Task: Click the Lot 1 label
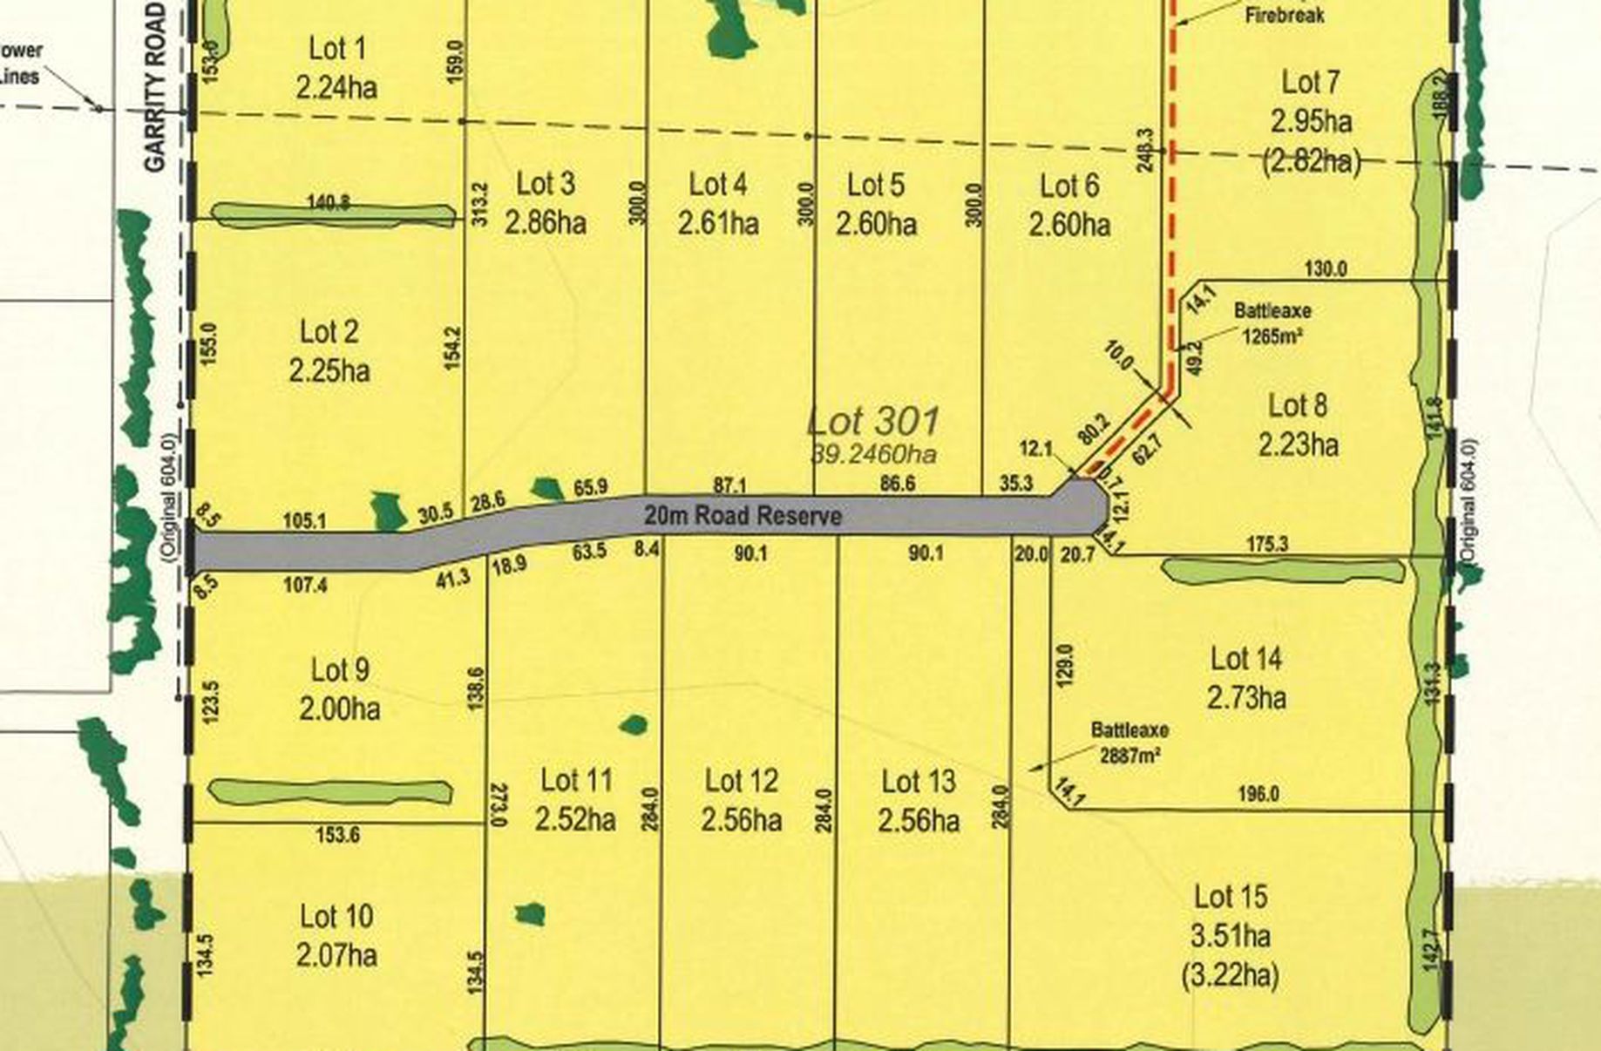pyautogui.click(x=336, y=49)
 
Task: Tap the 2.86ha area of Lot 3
pyautogui.click(x=546, y=223)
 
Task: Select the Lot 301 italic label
pyautogui.click(x=874, y=422)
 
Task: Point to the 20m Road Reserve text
pyautogui.click(x=743, y=516)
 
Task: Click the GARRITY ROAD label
pyautogui.click(x=155, y=87)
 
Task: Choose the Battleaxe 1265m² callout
pyautogui.click(x=1272, y=322)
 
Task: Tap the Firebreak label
pyautogui.click(x=1285, y=15)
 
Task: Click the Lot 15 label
pyautogui.click(x=1230, y=897)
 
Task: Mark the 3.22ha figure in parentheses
pyautogui.click(x=1230, y=975)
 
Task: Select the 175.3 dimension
pyautogui.click(x=1266, y=545)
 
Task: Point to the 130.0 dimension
pyautogui.click(x=1325, y=269)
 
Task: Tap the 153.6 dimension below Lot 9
pyautogui.click(x=338, y=835)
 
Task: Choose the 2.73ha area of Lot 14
pyautogui.click(x=1246, y=698)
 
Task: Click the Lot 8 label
pyautogui.click(x=1298, y=405)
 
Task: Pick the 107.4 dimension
pyautogui.click(x=305, y=585)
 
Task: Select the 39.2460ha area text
pyautogui.click(x=874, y=454)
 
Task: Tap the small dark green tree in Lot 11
pyautogui.click(x=634, y=724)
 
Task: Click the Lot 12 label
pyautogui.click(x=741, y=781)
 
